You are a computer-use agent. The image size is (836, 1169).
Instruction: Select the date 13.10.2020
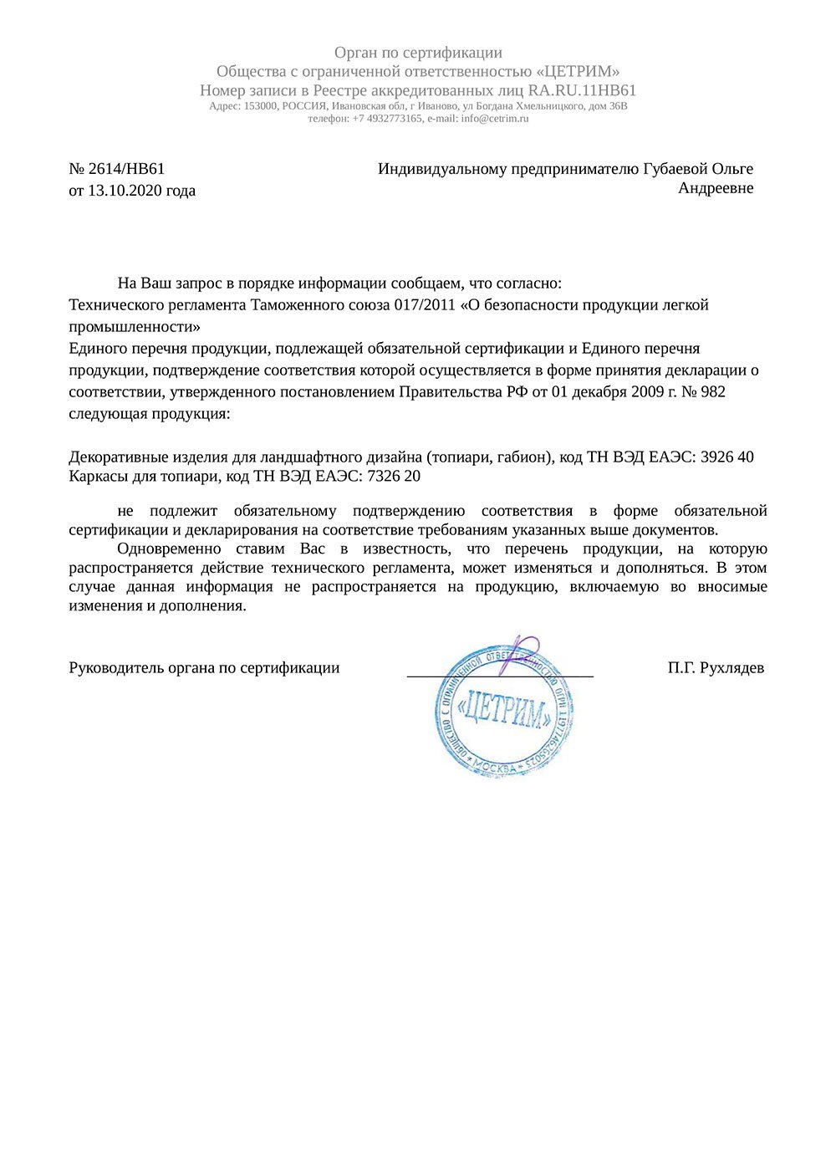click(125, 191)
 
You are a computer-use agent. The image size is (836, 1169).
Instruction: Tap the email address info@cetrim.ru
click(495, 119)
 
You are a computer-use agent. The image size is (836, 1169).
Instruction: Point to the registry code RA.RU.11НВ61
click(583, 90)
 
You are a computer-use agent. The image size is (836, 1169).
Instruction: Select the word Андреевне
click(716, 188)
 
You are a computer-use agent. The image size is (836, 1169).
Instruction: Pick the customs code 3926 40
click(726, 457)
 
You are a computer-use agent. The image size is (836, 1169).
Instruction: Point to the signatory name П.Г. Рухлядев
click(716, 668)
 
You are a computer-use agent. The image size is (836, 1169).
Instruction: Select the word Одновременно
click(170, 549)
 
